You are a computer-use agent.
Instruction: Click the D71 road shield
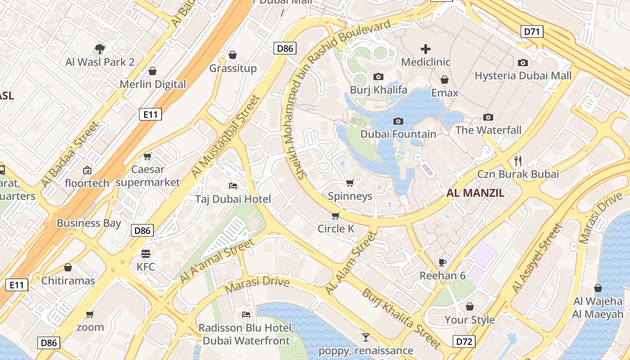[x=532, y=31]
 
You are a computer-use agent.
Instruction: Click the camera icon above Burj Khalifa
[x=378, y=77]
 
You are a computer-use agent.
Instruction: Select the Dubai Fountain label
[x=398, y=134]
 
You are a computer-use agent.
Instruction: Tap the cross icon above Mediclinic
[x=425, y=49]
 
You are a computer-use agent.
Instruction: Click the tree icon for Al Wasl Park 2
[x=100, y=49]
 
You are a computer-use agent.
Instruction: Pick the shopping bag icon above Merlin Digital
[x=153, y=71]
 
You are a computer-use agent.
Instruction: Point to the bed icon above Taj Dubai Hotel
[x=233, y=185]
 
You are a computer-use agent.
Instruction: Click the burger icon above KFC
[x=146, y=253]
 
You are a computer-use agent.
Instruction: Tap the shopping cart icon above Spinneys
[x=350, y=183]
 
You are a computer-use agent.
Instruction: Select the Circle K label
[x=336, y=229]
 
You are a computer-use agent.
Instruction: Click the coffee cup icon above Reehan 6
[x=442, y=262]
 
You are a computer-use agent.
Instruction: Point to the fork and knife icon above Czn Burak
[x=518, y=161]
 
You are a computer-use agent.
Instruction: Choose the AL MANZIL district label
[x=475, y=193]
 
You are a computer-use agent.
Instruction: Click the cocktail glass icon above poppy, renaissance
[x=365, y=337]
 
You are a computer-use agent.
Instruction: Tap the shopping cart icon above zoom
[x=90, y=314]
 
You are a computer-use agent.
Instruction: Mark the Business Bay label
[x=89, y=223]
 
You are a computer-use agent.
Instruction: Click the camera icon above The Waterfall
[x=488, y=117]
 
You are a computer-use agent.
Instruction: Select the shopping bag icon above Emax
[x=445, y=80]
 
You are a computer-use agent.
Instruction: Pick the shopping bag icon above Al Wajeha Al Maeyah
[x=598, y=288]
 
